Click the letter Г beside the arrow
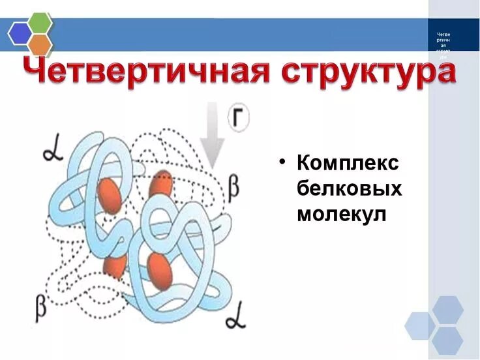(239, 120)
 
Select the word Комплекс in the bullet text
(347, 163)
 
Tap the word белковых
(349, 188)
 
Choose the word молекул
(341, 213)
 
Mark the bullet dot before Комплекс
(282, 162)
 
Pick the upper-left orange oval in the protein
(110, 195)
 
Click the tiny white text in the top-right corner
(443, 45)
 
